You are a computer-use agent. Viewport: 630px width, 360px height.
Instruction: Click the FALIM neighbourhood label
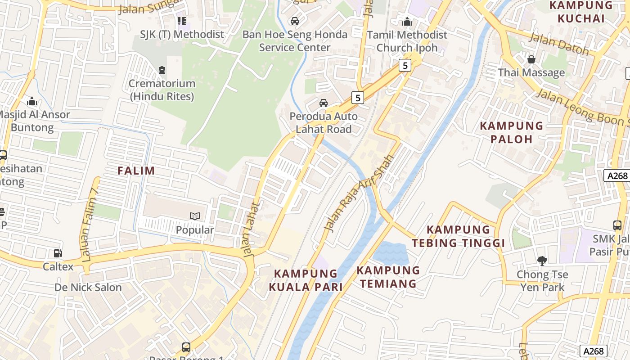tap(136, 171)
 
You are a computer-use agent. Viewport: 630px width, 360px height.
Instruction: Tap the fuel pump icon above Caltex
tap(58, 254)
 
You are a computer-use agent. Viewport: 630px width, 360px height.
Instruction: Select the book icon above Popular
tap(194, 216)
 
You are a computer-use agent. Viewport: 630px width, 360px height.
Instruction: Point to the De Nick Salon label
tap(88, 287)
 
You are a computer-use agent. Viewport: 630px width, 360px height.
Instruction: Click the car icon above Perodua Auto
tap(323, 103)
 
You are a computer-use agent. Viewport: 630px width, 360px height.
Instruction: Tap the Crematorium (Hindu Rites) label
tap(162, 90)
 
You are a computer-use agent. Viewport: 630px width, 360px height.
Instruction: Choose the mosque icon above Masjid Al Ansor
tap(31, 101)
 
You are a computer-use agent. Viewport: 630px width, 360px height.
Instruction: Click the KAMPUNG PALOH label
tap(512, 132)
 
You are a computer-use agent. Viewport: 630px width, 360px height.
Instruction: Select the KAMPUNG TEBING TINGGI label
tap(458, 236)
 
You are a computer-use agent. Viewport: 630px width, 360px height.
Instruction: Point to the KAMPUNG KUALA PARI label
tap(306, 280)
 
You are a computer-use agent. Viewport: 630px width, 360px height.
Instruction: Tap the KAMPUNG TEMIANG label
tap(388, 277)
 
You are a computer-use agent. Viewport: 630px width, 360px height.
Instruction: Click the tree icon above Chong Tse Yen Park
tap(542, 261)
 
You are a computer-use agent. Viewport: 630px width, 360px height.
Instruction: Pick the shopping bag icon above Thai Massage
tap(531, 59)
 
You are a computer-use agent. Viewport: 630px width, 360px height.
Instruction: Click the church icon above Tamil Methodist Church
tap(407, 21)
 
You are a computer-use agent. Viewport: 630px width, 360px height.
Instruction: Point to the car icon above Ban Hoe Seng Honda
tap(295, 21)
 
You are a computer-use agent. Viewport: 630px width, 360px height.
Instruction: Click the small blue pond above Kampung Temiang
tap(391, 253)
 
